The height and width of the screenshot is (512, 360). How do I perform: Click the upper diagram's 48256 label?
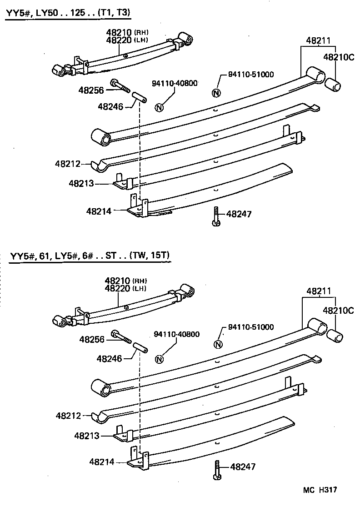tap(91, 90)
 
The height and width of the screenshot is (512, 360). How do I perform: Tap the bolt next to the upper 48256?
tap(120, 85)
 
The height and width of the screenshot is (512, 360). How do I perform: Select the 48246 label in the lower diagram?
tap(109, 358)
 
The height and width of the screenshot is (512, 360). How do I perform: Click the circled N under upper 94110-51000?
tap(216, 93)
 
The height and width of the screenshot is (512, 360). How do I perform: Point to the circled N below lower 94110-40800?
tap(159, 359)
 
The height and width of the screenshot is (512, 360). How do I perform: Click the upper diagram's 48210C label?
tap(338, 57)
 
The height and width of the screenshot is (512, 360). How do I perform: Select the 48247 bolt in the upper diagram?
tap(215, 216)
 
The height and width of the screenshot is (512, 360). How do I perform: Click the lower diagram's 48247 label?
tap(243, 467)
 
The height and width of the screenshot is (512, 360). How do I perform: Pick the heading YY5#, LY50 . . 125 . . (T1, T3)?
tap(68, 13)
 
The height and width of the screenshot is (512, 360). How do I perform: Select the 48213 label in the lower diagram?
tap(87, 436)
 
